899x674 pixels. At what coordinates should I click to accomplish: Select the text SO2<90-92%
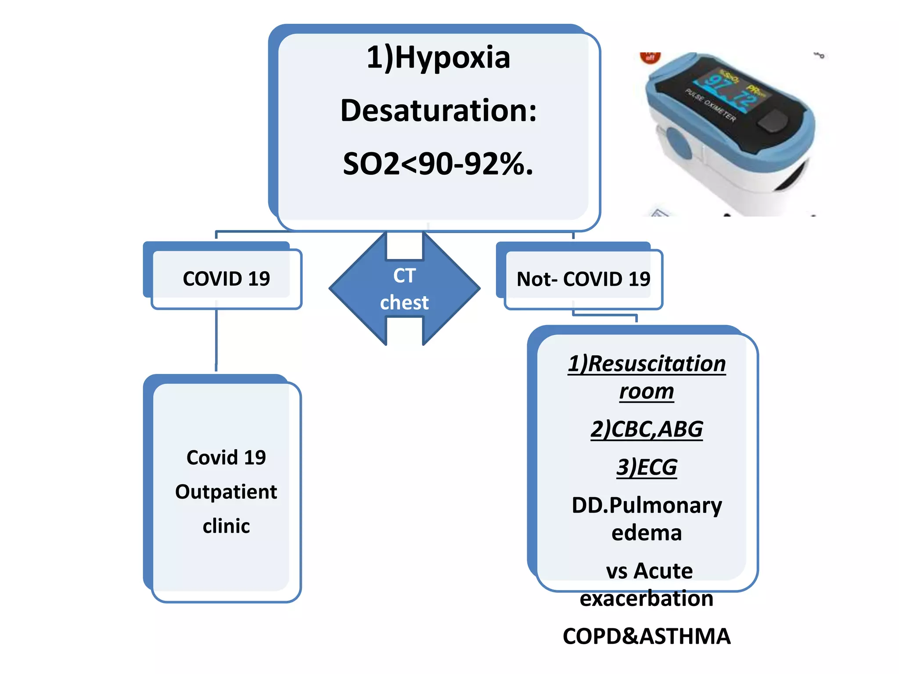pos(438,164)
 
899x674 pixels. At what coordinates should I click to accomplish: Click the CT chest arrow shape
pos(404,289)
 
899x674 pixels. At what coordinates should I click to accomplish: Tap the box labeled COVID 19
pos(226,279)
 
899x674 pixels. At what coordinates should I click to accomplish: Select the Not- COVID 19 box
pos(583,279)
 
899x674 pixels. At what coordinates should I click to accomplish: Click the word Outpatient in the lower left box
pos(226,492)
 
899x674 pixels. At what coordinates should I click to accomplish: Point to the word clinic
pos(226,526)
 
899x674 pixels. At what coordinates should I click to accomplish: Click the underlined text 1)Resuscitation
pos(647,364)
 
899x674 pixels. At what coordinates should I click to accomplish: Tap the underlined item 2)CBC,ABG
pos(647,429)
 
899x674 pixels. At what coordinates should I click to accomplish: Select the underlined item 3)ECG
pos(647,467)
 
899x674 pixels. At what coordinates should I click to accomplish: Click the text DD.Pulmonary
pos(647,505)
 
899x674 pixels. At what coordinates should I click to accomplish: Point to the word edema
pos(647,533)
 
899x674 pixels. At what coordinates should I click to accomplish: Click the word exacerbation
pos(647,599)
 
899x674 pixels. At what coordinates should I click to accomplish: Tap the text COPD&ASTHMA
pos(647,636)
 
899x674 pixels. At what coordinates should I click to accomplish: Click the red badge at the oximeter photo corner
pos(650,57)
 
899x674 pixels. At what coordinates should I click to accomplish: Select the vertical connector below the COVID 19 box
pos(216,338)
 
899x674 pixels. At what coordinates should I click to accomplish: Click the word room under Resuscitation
pos(647,391)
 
